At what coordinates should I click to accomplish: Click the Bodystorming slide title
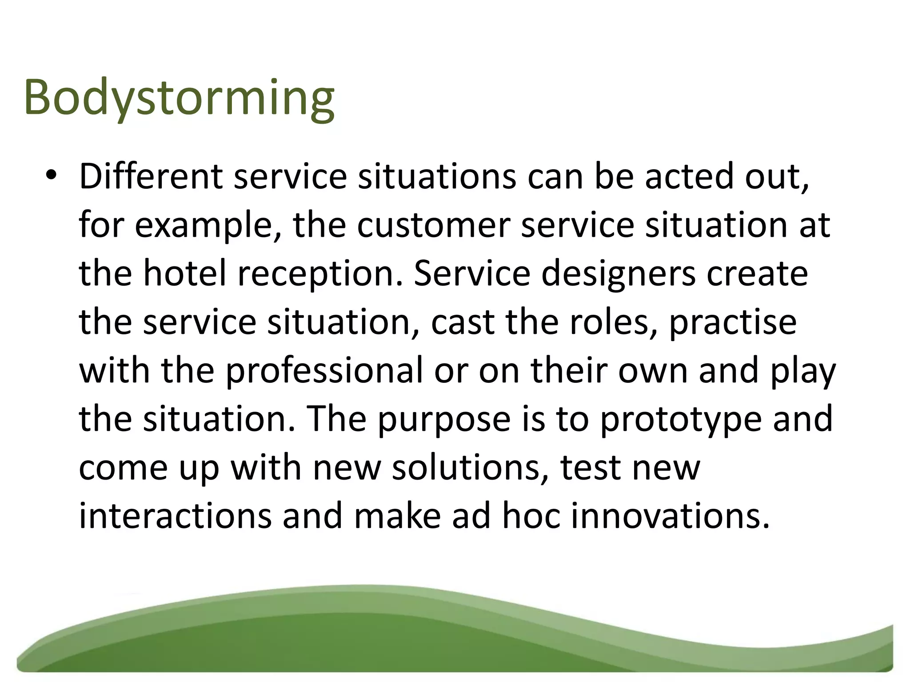point(179,99)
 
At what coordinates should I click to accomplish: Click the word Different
point(150,177)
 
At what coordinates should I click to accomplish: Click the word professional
point(324,371)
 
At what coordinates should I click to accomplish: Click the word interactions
point(175,516)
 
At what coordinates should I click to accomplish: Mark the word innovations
point(670,516)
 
